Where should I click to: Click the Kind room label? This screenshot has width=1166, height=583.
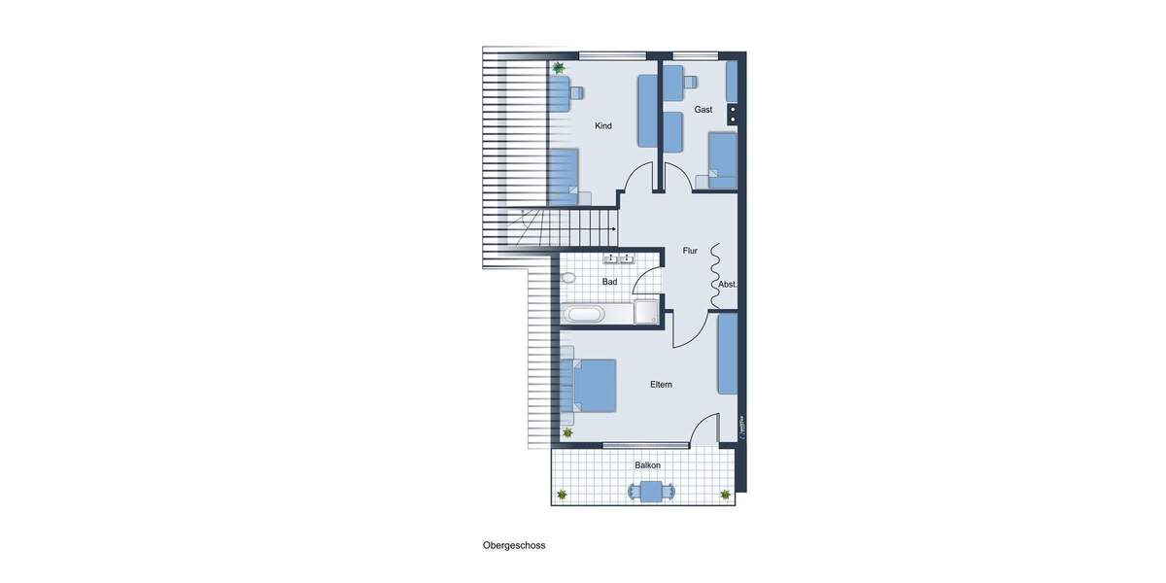pyautogui.click(x=603, y=125)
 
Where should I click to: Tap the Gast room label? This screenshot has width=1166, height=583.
pyautogui.click(x=703, y=110)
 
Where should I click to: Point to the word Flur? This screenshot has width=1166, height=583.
pyautogui.click(x=690, y=251)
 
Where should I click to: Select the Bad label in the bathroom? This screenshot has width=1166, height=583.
pyautogui.click(x=609, y=282)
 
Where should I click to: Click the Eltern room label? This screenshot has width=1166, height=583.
pyautogui.click(x=661, y=385)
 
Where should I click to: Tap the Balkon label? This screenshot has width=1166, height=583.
pyautogui.click(x=647, y=465)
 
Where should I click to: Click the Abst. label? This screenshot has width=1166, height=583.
pyautogui.click(x=728, y=285)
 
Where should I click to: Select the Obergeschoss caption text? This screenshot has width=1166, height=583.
pyautogui.click(x=514, y=545)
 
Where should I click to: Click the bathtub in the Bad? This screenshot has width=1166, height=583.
pyautogui.click(x=585, y=314)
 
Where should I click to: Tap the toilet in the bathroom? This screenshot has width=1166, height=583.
pyautogui.click(x=568, y=278)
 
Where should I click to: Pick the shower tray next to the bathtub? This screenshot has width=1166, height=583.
pyautogui.click(x=646, y=312)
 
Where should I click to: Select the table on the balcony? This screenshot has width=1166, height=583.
pyautogui.click(x=651, y=492)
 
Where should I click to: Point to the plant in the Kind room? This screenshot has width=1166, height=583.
pyautogui.click(x=559, y=68)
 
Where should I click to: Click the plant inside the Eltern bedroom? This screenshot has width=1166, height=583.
pyautogui.click(x=567, y=432)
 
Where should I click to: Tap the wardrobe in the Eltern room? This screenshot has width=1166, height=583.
pyautogui.click(x=727, y=354)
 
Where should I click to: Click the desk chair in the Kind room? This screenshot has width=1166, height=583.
pyautogui.click(x=576, y=92)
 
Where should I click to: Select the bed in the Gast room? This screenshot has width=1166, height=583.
pyautogui.click(x=721, y=159)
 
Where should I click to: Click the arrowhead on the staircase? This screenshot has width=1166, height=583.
pyautogui.click(x=614, y=229)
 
